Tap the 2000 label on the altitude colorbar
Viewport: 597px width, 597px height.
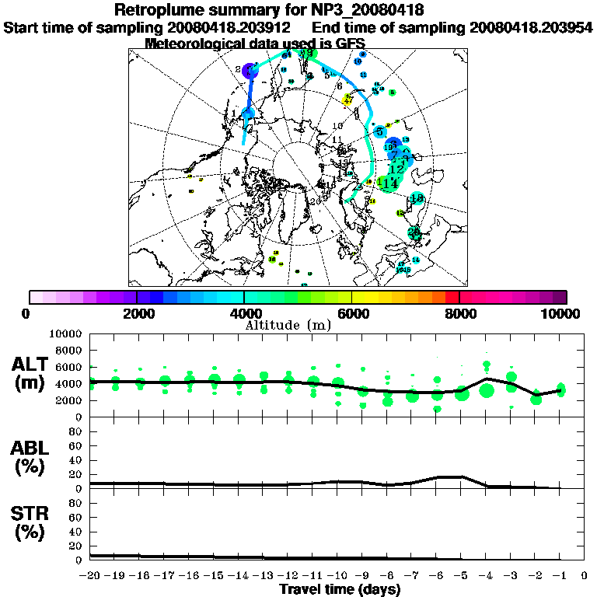[x=137, y=313]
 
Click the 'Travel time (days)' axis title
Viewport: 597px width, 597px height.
[x=340, y=590]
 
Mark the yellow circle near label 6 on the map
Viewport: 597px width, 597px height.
[x=348, y=99]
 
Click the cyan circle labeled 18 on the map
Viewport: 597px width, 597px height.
[x=417, y=199]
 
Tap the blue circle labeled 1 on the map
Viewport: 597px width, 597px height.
[x=248, y=114]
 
